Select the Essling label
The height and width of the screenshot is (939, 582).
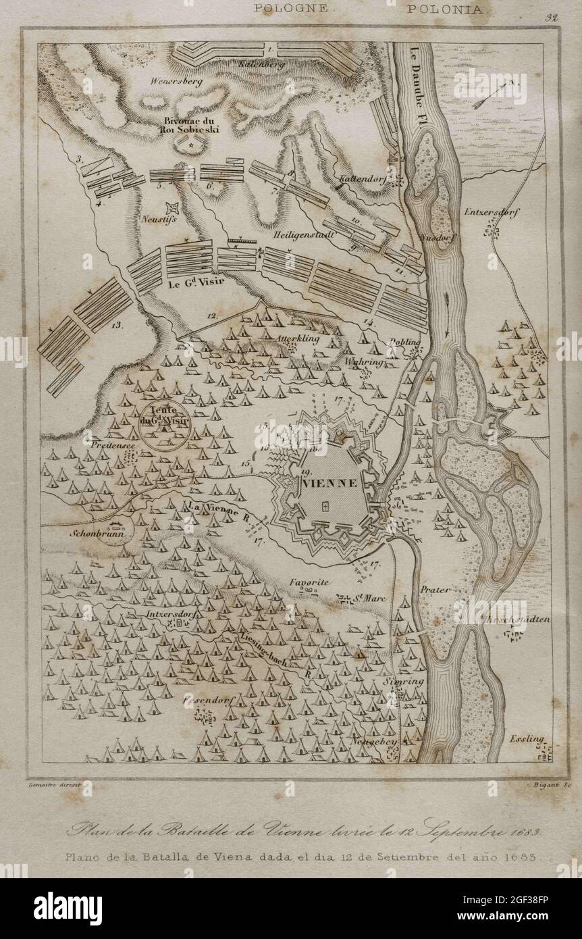point(527,739)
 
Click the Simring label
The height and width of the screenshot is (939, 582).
point(404,682)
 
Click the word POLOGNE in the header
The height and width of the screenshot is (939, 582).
point(291,9)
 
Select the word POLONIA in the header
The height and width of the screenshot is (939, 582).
point(444,9)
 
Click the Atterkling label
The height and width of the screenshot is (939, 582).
point(297,335)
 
